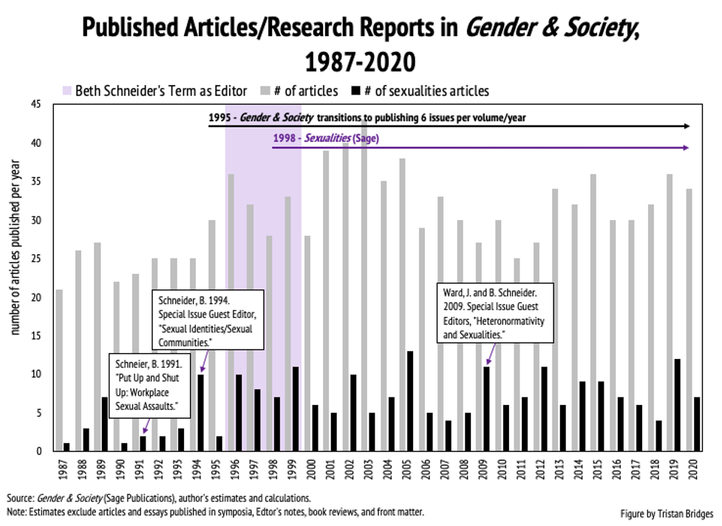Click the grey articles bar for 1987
[59, 370]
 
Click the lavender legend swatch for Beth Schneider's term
[66, 92]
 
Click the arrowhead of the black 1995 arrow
[687, 126]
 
